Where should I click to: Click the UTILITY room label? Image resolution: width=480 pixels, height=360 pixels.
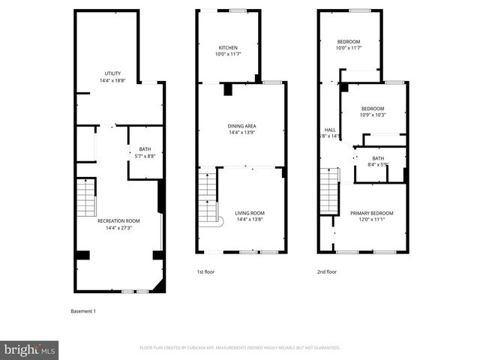pos(112,73)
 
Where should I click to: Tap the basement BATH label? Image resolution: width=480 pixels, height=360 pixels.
pos(144,149)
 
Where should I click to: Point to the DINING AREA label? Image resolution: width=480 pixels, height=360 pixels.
pos(241,126)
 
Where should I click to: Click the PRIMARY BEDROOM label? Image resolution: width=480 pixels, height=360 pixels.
pos(371,213)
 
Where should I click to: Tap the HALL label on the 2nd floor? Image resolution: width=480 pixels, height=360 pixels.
pos(330,130)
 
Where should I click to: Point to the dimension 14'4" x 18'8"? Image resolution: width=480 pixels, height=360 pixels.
pos(112,80)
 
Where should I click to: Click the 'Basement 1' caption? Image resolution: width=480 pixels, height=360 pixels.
pos(83,310)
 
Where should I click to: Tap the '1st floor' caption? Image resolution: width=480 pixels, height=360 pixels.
pos(205,271)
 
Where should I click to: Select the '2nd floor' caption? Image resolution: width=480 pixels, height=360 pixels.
pos(326,271)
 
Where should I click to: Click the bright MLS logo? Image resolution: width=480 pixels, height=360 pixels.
pos(30,349)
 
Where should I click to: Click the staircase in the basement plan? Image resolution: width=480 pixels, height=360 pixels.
pos(87,196)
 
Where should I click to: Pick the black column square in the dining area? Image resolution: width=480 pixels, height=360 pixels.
pos(229,90)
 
